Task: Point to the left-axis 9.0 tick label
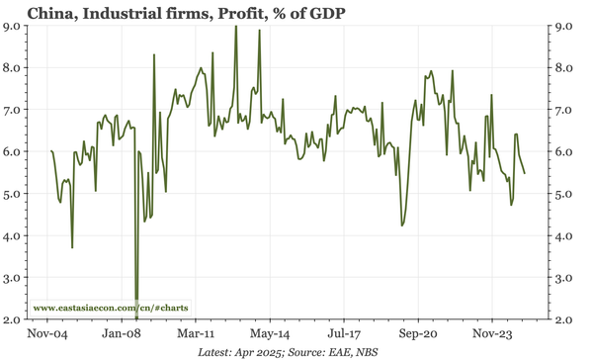(13, 26)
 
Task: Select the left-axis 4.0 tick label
(13, 236)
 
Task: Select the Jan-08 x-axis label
(125, 334)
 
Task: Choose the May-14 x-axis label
(270, 334)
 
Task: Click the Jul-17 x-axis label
(343, 334)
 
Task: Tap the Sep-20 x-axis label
(416, 334)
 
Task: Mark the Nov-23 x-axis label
(489, 334)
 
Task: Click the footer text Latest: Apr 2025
(242, 352)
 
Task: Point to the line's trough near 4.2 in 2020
(402, 225)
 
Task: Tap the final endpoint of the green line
(524, 173)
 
